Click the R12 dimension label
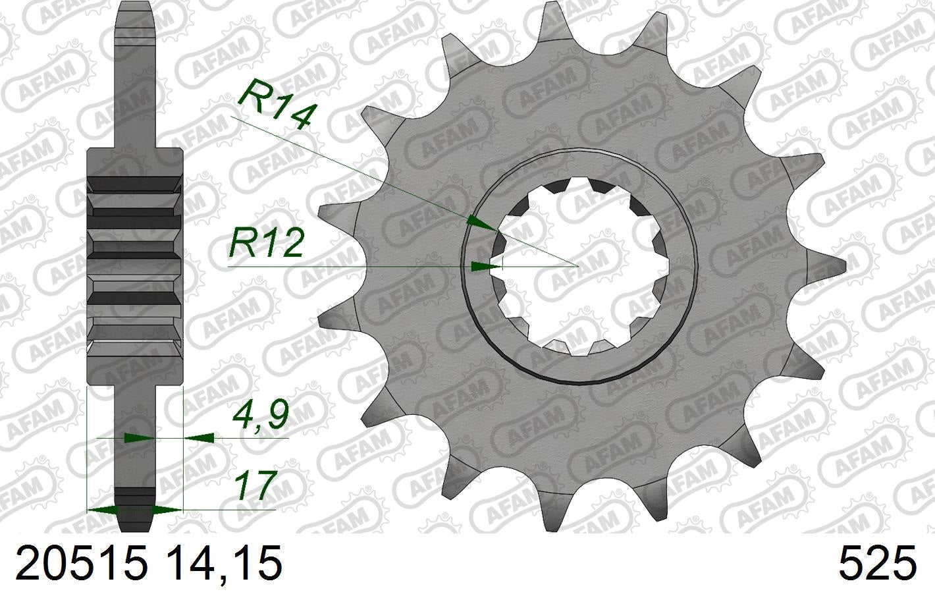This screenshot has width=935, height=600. (266, 244)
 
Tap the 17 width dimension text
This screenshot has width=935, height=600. (254, 487)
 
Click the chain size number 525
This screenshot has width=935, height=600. (876, 564)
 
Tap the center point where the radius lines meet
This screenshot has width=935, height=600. (577, 265)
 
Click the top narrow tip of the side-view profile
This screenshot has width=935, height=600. (135, 5)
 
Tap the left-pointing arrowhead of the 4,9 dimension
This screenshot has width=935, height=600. (199, 437)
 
